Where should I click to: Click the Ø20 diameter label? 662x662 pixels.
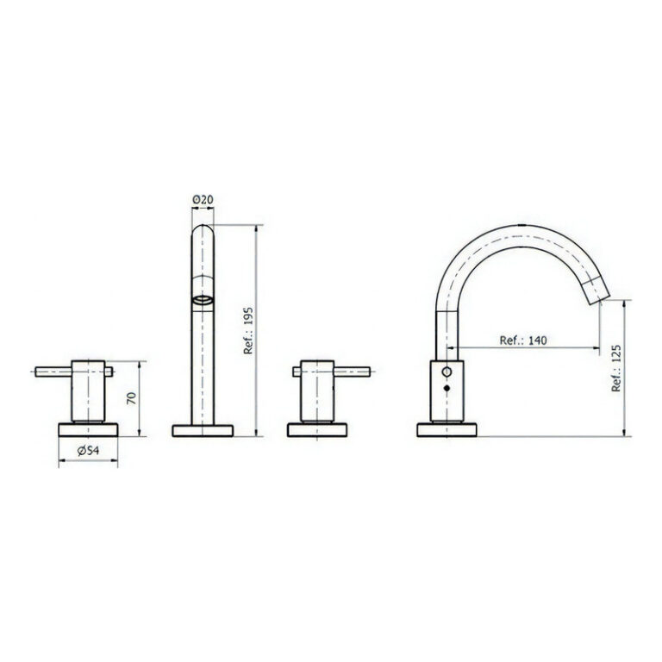pos(203,200)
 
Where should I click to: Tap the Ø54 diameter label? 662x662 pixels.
pos(86,451)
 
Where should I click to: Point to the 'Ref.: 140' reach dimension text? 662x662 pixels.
pos(523,340)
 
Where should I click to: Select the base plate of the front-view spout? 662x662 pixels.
pos(203,431)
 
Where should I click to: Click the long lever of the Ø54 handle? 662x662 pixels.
pos(52,372)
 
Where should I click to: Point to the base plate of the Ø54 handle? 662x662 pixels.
pos(86,431)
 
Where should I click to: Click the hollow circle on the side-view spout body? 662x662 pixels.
pos(447,372)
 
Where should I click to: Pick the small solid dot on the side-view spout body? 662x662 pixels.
pos(447,390)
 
